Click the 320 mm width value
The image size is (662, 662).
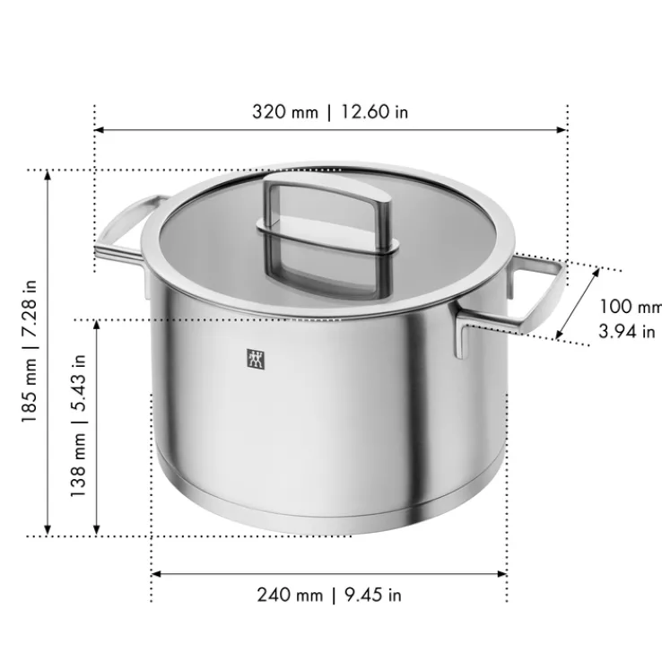click(x=284, y=112)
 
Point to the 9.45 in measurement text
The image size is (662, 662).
click(x=370, y=595)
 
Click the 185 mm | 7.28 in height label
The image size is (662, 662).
click(x=30, y=353)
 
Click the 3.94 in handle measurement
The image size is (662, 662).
click(x=626, y=331)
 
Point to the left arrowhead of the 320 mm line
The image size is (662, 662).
click(x=100, y=130)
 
